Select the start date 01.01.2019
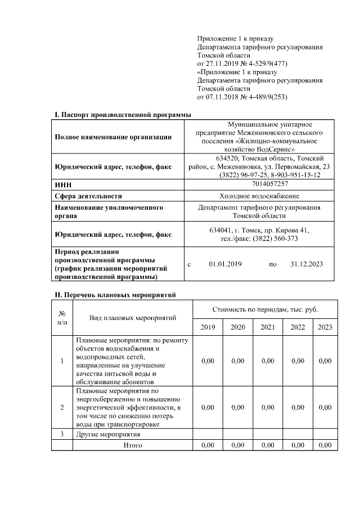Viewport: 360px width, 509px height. (225, 264)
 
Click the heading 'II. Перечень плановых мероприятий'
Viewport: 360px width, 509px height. (115, 294)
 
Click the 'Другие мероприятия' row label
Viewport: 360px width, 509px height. (107, 434)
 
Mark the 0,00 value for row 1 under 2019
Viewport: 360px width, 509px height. (208, 361)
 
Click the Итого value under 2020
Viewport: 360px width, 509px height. (238, 445)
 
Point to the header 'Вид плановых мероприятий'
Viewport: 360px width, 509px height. (133, 318)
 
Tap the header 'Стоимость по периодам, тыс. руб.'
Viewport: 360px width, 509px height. (265, 309)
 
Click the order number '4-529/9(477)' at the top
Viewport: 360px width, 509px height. (261, 64)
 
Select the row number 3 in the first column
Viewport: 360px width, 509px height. (62, 434)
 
